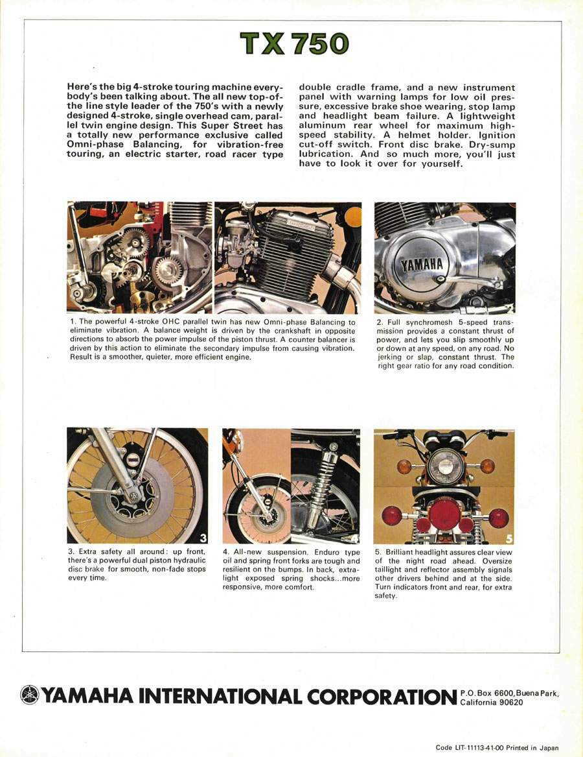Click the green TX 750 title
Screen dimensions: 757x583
[294, 44]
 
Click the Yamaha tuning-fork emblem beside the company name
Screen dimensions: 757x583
[30, 695]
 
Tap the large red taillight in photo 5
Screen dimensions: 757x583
[444, 514]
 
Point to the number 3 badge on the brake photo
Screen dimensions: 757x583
[203, 537]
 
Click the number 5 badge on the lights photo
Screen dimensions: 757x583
[509, 537]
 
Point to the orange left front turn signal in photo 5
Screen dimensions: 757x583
[404, 466]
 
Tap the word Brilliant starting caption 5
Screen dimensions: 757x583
[402, 552]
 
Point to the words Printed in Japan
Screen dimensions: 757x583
[534, 748]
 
